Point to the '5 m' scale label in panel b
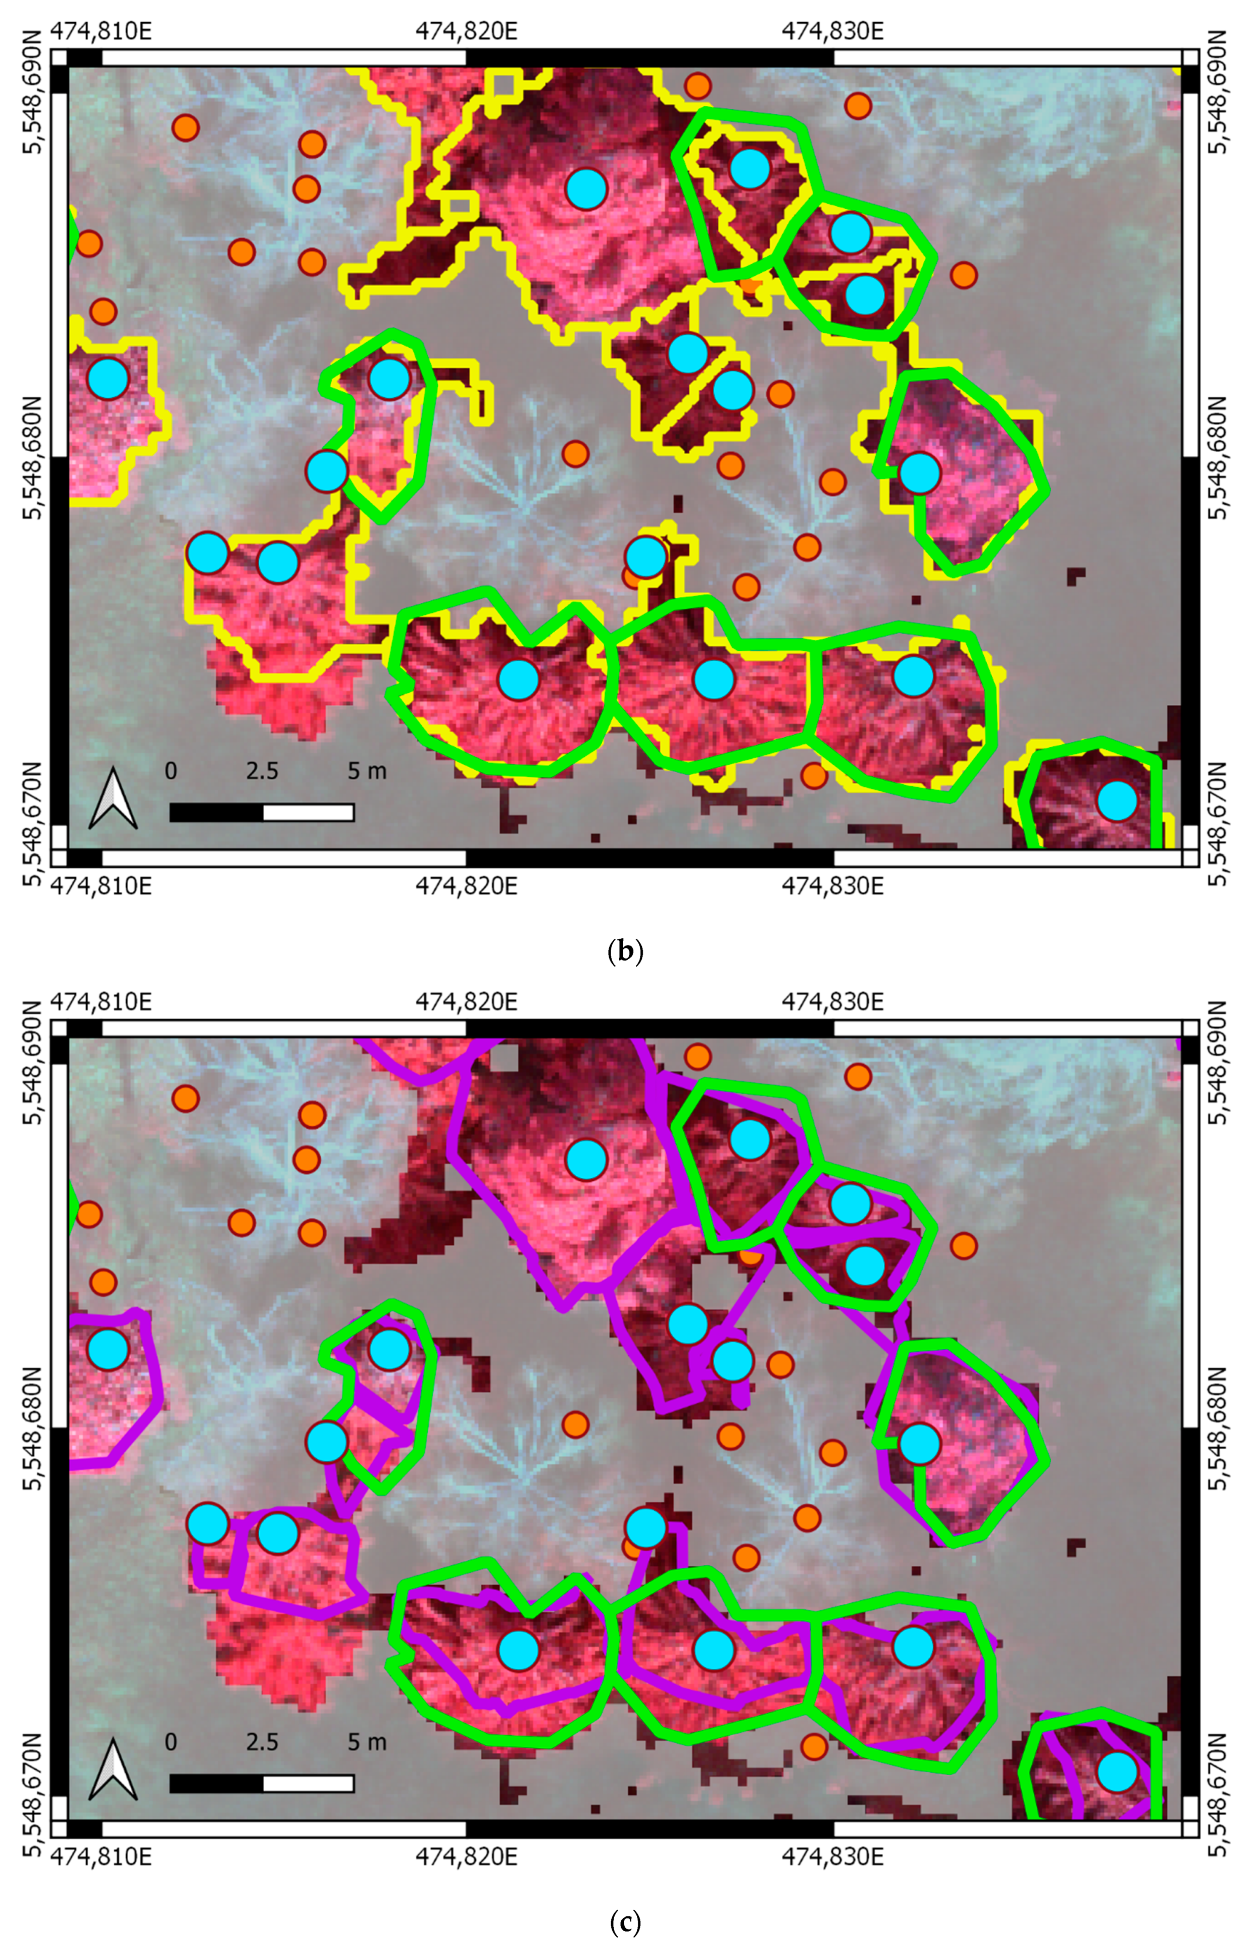[x=367, y=771]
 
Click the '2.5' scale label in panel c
[x=262, y=1741]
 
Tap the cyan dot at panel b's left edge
[x=108, y=378]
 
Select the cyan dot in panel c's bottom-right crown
[x=1117, y=1771]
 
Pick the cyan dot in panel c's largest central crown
[x=586, y=1159]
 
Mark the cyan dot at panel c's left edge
[x=108, y=1349]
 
